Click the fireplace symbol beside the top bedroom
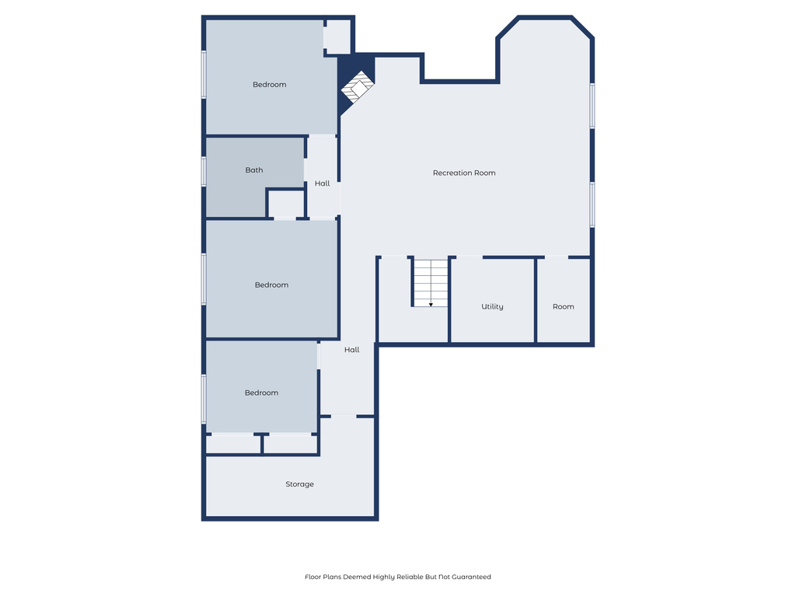coord(358,87)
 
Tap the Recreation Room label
coord(464,173)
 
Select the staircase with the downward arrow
coord(430,281)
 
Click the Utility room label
coord(492,306)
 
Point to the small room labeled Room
coord(564,306)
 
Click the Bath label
coord(254,169)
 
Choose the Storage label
coord(299,484)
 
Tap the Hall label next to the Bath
coord(323,183)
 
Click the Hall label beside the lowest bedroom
coord(352,350)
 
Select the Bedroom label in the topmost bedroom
coord(270,84)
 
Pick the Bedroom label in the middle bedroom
coord(271,285)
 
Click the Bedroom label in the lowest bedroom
coord(261,393)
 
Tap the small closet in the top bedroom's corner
coord(337,37)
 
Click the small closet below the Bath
coord(286,204)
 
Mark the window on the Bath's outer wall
coord(204,171)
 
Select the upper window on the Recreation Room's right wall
coord(592,105)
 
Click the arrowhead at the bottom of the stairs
coord(431,304)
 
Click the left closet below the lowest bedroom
coord(233,444)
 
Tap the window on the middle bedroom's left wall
coord(204,279)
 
